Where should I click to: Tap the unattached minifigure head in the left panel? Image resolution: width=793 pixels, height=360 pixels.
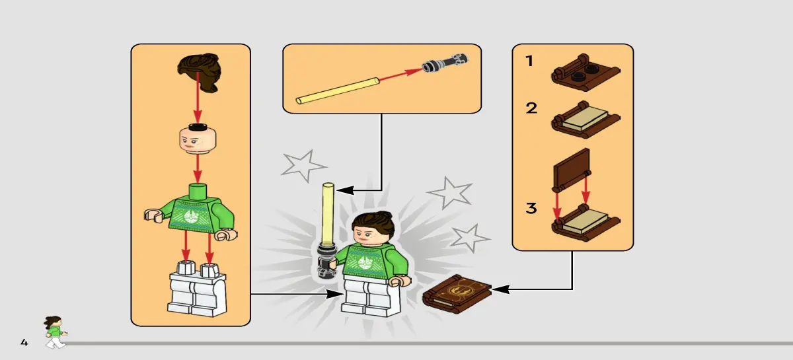tap(198, 139)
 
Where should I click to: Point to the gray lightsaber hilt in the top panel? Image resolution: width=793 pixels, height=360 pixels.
tap(445, 63)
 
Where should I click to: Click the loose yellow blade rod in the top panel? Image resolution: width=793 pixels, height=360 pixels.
tap(338, 91)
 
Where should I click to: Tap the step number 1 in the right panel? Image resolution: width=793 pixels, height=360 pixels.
tap(529, 61)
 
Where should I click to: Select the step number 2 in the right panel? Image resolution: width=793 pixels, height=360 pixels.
tap(531, 108)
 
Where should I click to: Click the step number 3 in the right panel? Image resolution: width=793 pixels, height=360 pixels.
tap(531, 208)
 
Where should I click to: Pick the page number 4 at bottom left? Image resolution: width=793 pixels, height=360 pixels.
tap(24, 342)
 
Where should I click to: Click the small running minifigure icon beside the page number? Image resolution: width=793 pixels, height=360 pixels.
tap(56, 332)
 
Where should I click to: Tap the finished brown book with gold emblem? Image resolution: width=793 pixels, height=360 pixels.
tap(457, 293)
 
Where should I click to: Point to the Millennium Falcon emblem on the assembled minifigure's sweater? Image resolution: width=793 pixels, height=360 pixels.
tap(364, 263)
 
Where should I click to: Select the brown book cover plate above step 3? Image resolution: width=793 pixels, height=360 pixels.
tap(572, 170)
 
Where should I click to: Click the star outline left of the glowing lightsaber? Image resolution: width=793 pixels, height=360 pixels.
tap(303, 165)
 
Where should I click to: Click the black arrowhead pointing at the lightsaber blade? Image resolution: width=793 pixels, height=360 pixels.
tap(345, 190)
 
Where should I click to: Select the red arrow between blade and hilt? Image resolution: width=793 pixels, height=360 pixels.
tap(400, 75)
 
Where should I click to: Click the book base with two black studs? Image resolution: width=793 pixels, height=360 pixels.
tap(585, 72)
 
